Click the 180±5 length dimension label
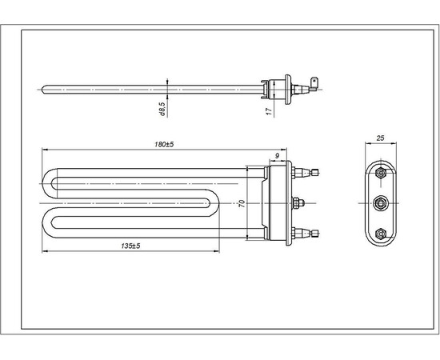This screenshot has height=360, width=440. point(165,144)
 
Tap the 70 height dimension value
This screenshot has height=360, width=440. point(239,203)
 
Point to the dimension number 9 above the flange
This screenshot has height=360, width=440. point(277,155)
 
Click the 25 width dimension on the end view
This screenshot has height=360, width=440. point(382,138)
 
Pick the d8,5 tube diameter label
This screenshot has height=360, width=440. point(162,109)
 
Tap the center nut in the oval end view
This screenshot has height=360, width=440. point(382,202)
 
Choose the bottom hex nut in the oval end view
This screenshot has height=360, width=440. point(382,233)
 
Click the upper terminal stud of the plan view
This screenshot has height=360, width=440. point(308,170)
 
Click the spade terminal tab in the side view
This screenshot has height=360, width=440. point(318,82)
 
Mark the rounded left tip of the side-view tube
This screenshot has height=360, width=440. point(43,88)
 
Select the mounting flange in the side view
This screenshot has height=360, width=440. point(279,88)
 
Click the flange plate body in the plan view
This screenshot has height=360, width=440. point(279,202)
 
